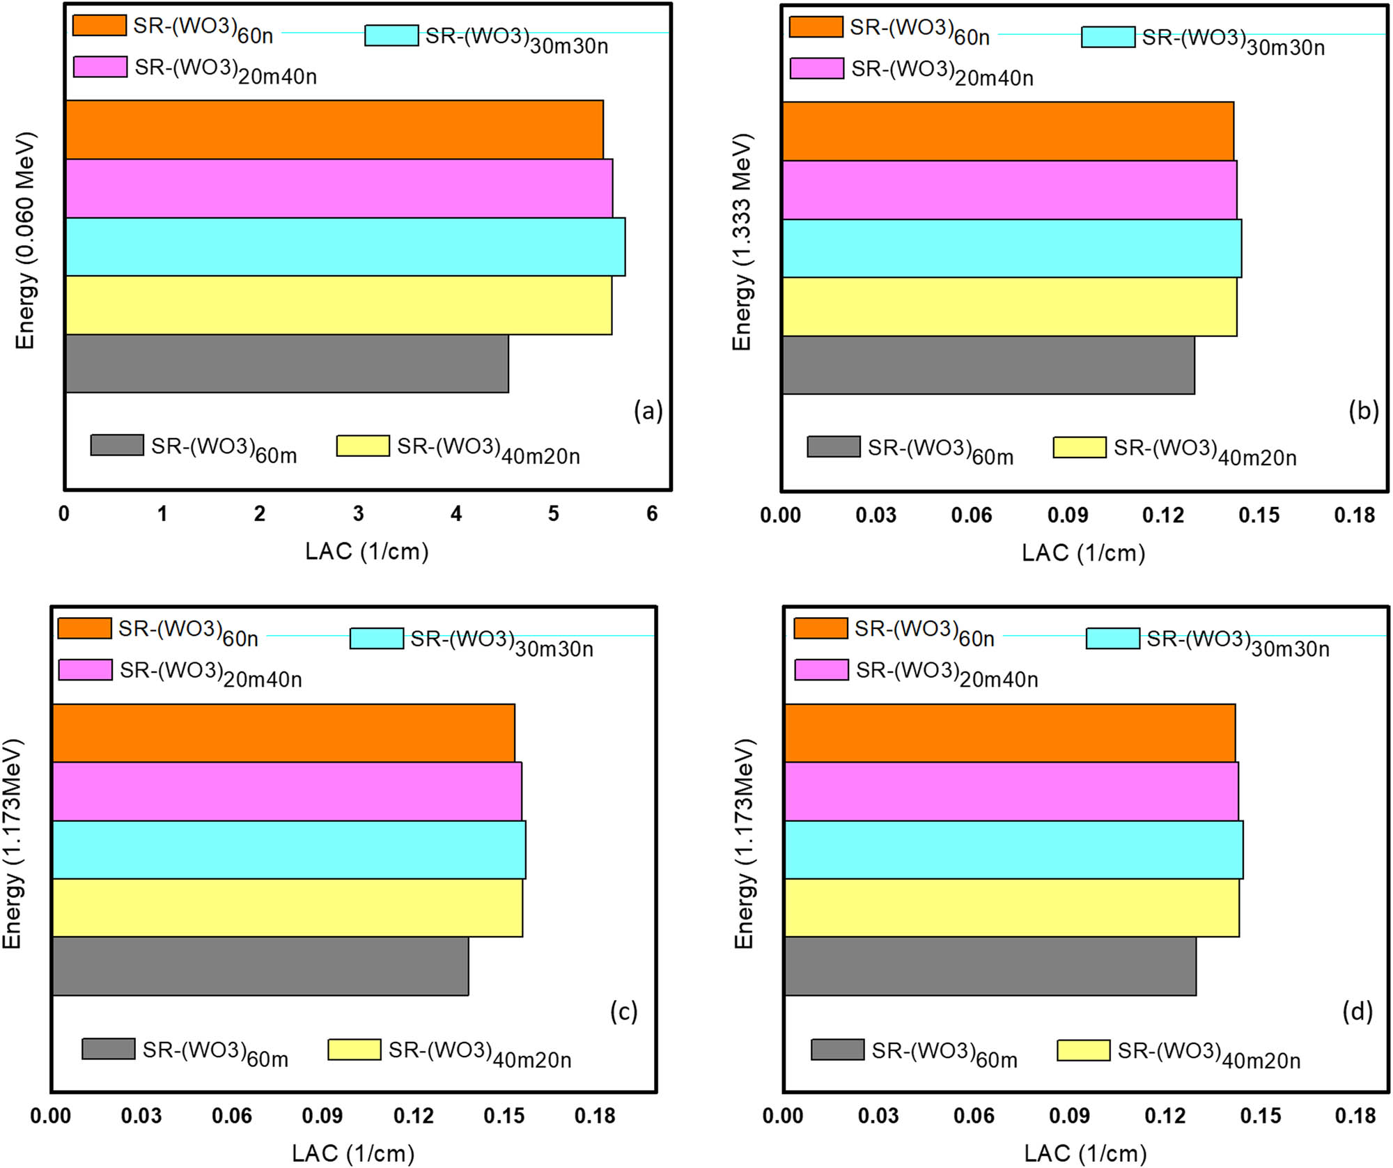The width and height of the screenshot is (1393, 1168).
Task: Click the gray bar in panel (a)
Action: point(287,364)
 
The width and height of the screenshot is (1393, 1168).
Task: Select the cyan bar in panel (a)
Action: point(345,247)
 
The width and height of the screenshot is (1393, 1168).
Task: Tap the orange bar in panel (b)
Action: point(1008,132)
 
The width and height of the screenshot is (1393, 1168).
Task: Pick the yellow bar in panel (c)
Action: point(287,908)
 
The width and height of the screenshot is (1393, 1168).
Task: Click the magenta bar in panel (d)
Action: point(1011,791)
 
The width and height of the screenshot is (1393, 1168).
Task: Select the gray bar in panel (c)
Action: point(260,966)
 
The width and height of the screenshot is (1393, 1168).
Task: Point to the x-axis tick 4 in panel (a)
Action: point(456,514)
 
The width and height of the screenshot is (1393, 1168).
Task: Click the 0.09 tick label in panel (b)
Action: point(1067,515)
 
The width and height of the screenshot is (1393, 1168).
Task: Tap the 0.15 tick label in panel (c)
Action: point(504,1116)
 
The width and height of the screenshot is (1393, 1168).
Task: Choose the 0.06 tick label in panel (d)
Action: point(974,1116)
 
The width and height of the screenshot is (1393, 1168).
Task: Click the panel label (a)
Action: point(648,411)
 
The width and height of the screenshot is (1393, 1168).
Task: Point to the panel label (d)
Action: point(1357,1011)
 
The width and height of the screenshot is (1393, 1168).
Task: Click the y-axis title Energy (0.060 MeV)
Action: point(25,240)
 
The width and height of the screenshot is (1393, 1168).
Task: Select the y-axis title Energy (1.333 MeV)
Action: point(742,242)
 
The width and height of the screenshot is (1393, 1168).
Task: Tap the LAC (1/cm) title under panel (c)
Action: point(353,1153)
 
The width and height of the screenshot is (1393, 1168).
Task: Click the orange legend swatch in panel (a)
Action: point(100,25)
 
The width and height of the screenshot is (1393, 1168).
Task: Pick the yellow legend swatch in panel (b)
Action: point(1079,447)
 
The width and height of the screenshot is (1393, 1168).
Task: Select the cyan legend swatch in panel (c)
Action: point(376,638)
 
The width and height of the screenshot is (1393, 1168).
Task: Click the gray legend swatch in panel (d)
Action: point(837,1050)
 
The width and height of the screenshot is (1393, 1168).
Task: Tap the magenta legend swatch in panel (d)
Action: point(821,670)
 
